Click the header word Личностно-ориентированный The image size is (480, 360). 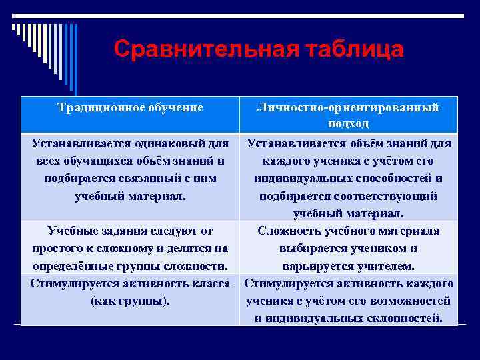(348, 107)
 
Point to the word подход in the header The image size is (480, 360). (348, 123)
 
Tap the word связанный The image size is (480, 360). (145, 179)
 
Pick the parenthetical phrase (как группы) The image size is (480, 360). (129, 300)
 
